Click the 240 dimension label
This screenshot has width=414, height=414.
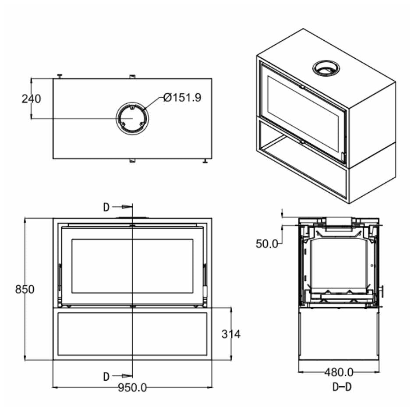click(x=31, y=99)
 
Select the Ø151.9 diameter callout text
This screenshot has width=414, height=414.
click(x=182, y=98)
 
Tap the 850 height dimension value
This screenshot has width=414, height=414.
click(x=25, y=290)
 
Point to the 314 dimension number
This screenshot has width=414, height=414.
click(x=230, y=334)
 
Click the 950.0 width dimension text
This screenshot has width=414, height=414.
click(x=132, y=388)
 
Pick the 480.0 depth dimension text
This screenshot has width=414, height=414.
click(x=339, y=372)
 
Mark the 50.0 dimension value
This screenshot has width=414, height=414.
click(x=267, y=244)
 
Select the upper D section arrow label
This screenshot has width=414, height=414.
click(x=106, y=207)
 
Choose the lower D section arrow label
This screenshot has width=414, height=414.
click(x=106, y=376)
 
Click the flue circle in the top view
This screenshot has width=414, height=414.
click(x=132, y=118)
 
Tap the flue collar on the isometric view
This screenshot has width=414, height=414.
click(x=326, y=67)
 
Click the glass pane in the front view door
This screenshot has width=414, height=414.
click(x=132, y=266)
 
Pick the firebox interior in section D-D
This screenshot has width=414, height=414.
click(x=340, y=263)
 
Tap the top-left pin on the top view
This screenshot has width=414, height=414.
click(x=60, y=76)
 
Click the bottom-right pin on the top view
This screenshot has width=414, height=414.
click(x=204, y=162)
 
